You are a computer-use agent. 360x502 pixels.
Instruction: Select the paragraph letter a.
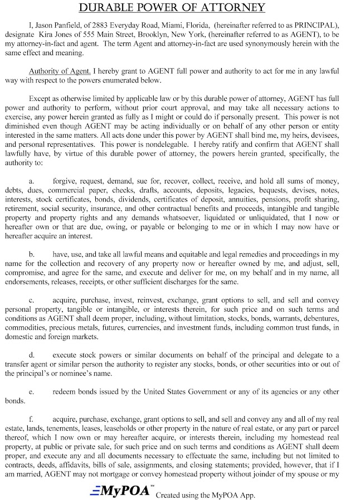coord(32,181)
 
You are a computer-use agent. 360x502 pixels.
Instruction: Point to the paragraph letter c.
coord(32,301)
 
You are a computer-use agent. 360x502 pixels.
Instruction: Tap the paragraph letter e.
coord(32,391)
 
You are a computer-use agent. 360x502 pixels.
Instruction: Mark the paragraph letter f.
coord(31,418)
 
